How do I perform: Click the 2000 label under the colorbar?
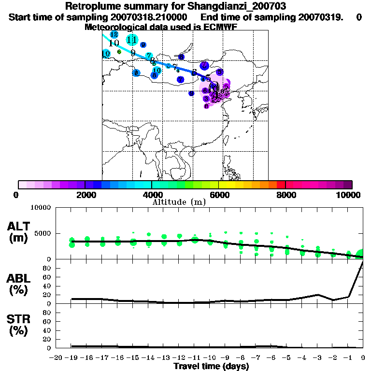click(x=84, y=195)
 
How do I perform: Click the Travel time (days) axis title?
click(x=211, y=367)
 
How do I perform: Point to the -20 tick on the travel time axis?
click(x=57, y=357)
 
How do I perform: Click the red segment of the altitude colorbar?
click(x=281, y=184)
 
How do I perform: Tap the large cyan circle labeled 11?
click(x=131, y=40)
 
